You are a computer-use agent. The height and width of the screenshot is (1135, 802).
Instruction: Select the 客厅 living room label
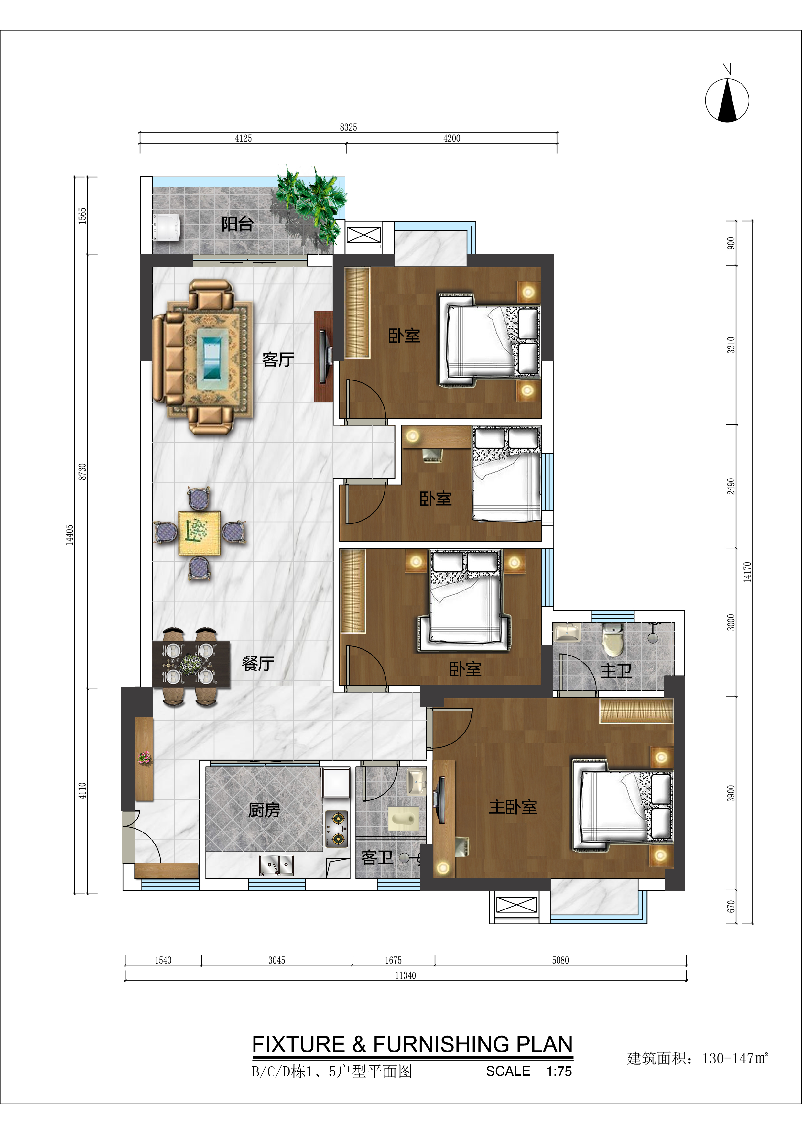[278, 359]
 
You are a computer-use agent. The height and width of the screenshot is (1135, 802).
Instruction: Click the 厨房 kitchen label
[264, 810]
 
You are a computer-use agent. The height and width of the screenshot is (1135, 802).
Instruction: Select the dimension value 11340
[405, 975]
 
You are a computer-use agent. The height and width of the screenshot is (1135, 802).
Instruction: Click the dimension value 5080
[560, 960]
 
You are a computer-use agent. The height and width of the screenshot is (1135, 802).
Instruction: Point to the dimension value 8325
[348, 127]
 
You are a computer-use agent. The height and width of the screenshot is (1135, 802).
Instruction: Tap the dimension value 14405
[70, 535]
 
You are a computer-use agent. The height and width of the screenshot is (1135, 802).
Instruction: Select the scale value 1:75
[559, 1071]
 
